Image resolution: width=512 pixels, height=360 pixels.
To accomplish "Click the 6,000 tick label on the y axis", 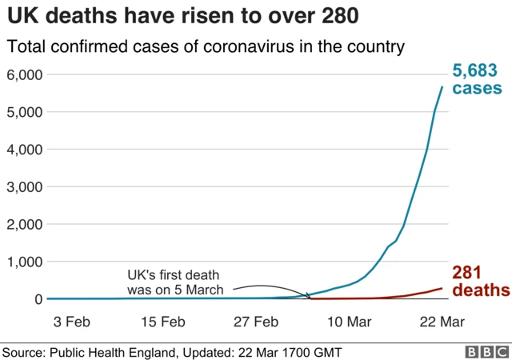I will (x=24, y=74).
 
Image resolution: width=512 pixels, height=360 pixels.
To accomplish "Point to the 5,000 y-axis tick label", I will (x=24, y=112).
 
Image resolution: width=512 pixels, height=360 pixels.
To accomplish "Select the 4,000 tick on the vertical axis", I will (x=24, y=150).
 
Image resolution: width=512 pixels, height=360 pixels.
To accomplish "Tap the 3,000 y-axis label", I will (x=24, y=186).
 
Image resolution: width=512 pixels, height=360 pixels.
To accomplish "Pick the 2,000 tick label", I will (x=24, y=224).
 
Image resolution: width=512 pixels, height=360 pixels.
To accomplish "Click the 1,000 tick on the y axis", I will (x=24, y=262).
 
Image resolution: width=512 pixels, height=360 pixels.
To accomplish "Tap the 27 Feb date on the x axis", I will (x=258, y=322).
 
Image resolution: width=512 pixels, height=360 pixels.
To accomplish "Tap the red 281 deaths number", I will (x=466, y=272).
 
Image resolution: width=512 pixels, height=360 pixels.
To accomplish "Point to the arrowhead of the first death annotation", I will (x=309, y=296).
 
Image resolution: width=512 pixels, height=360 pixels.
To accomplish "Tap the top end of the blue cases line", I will (x=441, y=86).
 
